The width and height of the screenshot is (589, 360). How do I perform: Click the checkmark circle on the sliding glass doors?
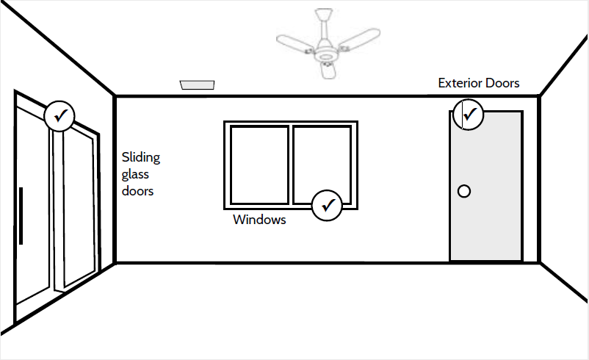pyautogui.click(x=59, y=115)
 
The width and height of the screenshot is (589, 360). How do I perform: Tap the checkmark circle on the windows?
pyautogui.click(x=328, y=205)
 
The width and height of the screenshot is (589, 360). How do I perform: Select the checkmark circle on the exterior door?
pyautogui.click(x=468, y=115)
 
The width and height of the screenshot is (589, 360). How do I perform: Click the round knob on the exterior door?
pyautogui.click(x=464, y=192)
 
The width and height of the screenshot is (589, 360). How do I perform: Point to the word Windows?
pyautogui.click(x=259, y=220)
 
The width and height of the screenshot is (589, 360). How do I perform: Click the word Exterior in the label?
pyautogui.click(x=460, y=83)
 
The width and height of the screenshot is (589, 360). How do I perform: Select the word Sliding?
pyautogui.click(x=140, y=158)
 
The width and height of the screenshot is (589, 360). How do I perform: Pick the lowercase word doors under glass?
pyautogui.click(x=138, y=191)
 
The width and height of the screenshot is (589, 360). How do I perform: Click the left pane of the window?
pyautogui.click(x=259, y=164)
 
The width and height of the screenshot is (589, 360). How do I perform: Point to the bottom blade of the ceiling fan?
pyautogui.click(x=328, y=70)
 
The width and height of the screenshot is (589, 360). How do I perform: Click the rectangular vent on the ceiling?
pyautogui.click(x=198, y=85)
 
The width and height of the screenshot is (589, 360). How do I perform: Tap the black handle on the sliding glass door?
pyautogui.click(x=21, y=216)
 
